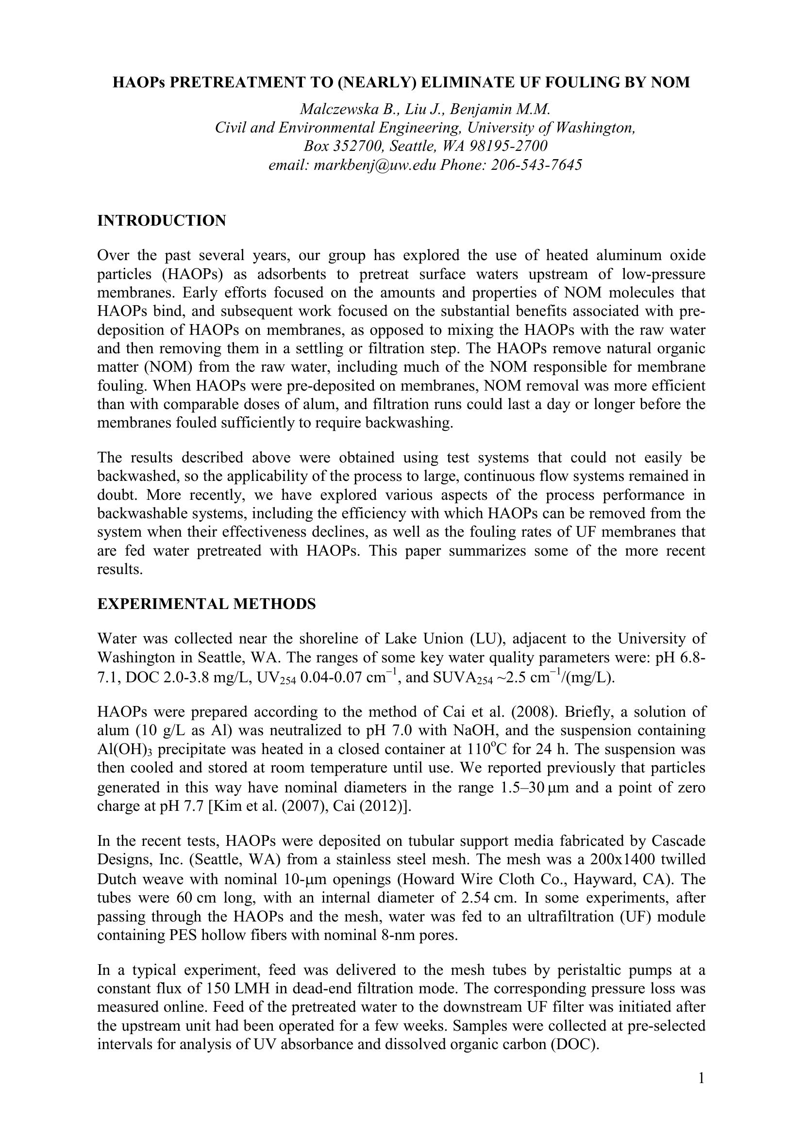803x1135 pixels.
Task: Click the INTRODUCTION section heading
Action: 162,220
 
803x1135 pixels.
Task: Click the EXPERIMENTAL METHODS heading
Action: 206,604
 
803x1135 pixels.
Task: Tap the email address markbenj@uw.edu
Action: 375,164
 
